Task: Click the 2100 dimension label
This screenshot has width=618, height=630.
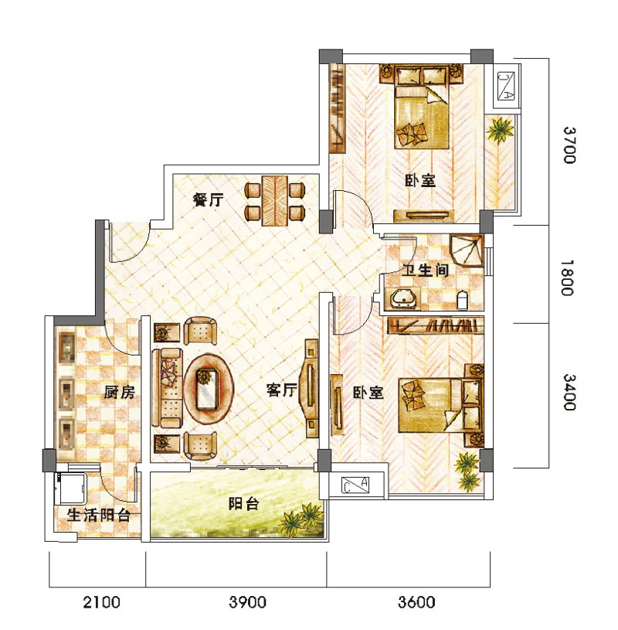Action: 101,602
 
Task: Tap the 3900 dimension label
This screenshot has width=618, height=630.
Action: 247,602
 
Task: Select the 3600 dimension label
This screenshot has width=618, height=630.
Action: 416,602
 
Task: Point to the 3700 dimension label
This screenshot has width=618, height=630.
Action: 569,145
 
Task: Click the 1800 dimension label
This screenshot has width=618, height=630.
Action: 567,278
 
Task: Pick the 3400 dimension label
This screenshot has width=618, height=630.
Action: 569,392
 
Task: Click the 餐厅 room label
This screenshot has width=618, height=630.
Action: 208,199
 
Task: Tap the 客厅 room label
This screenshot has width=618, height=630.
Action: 282,390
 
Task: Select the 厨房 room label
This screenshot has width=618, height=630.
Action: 120,392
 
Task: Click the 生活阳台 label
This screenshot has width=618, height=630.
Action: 99,515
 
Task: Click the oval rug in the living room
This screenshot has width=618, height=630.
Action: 209,388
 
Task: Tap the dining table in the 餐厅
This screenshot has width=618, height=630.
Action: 275,200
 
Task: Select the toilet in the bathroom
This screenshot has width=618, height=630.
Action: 463,300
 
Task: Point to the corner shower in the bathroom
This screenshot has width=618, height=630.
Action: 467,250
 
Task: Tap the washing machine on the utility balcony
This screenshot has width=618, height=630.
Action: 70,488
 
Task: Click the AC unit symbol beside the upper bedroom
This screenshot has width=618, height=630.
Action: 506,86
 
